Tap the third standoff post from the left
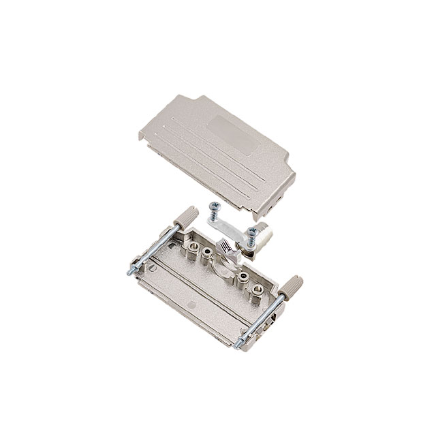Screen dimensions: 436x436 pyautogui.click(x=243, y=278)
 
